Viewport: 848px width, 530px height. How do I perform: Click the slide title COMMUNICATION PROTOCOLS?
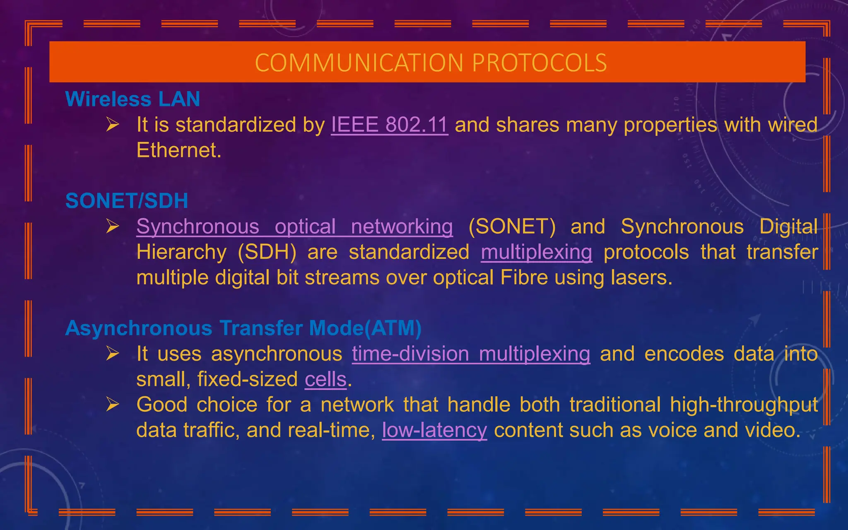[x=431, y=63]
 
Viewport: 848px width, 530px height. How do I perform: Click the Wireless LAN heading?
[x=132, y=99]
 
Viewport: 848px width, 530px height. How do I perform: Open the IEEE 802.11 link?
[x=389, y=125]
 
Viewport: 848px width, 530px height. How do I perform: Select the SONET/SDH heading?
[x=127, y=201]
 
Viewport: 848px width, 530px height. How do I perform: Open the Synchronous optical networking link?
[x=294, y=227]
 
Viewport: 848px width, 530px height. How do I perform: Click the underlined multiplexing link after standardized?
[x=536, y=252]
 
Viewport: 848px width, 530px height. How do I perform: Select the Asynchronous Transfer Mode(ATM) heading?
[x=243, y=328]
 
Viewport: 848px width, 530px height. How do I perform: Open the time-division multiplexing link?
[x=471, y=354]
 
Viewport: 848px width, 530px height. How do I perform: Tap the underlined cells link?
[x=325, y=379]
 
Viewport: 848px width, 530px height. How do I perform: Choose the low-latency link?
[x=434, y=430]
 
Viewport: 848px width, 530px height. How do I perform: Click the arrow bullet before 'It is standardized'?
[x=112, y=124]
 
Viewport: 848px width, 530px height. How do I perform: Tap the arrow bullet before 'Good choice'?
[x=112, y=404]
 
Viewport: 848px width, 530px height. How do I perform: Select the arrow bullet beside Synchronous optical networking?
[x=112, y=226]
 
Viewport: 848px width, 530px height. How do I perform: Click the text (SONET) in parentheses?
[x=512, y=227]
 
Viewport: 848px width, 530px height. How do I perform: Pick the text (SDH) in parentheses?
[x=267, y=252]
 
